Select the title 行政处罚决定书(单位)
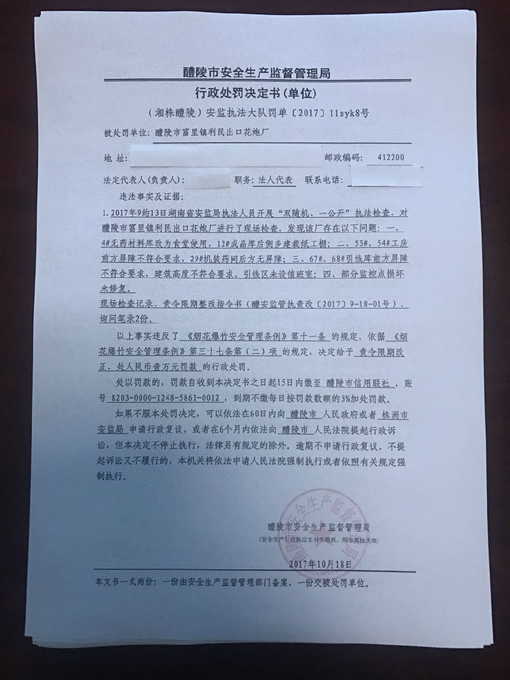click(x=255, y=93)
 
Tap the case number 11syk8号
click(x=349, y=113)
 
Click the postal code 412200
click(x=390, y=157)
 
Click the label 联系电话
click(x=322, y=180)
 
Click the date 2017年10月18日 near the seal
click(x=320, y=564)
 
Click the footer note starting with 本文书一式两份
click(x=232, y=582)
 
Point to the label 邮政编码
click(x=344, y=157)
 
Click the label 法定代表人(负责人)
click(x=144, y=180)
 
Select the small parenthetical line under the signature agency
click(x=319, y=540)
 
